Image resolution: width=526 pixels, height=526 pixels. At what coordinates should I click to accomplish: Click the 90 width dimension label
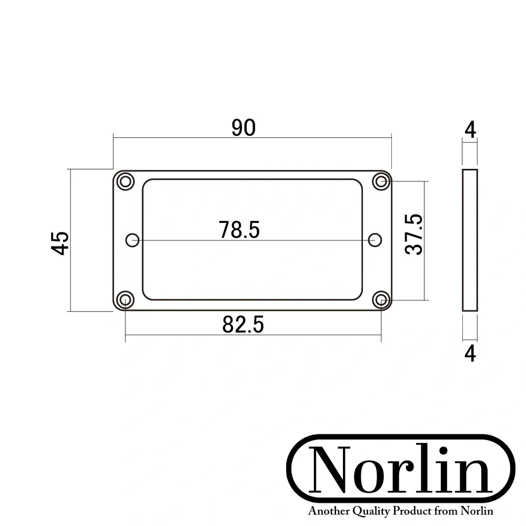(244, 128)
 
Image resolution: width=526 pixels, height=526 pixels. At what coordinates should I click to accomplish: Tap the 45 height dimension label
(61, 242)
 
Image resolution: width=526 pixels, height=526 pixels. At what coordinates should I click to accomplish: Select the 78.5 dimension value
(240, 230)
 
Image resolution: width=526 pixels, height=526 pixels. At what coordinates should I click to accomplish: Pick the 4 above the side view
(471, 130)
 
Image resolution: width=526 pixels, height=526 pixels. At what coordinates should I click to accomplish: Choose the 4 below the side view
(471, 353)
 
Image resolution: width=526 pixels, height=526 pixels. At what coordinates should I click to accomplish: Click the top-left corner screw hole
(125, 181)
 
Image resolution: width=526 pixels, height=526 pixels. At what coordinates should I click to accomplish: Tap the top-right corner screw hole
(381, 181)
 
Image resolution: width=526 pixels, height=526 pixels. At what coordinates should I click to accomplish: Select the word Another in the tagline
(327, 511)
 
